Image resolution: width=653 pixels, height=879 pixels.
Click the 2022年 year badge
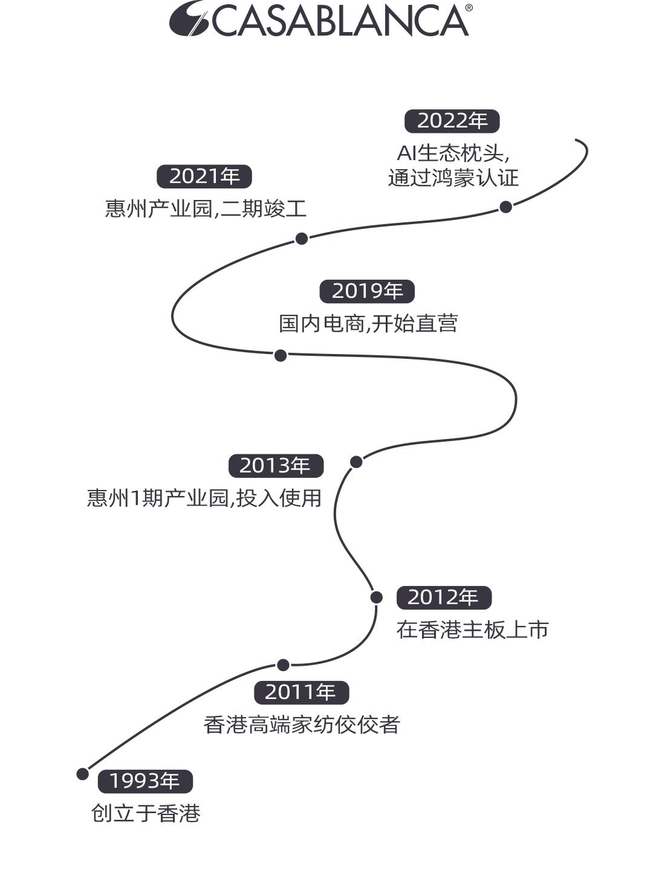pos(452,121)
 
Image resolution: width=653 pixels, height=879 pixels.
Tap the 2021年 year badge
pos(204,176)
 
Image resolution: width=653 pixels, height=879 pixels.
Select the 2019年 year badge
pos(367,291)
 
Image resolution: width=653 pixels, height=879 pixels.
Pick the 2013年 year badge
pos(276,466)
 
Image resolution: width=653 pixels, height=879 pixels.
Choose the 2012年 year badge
pos(444,597)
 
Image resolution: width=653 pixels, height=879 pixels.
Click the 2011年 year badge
pos(301,692)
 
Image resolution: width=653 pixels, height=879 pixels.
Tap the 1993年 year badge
pos(145,781)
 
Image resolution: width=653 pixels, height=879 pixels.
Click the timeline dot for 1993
pos(83,774)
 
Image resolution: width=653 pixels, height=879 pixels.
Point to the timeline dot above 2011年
pos(283,665)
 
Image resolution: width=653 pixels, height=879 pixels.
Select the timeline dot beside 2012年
pos(376,597)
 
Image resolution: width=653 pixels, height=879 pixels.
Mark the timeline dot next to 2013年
pos(356,462)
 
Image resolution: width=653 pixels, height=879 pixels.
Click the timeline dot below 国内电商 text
pos(281,355)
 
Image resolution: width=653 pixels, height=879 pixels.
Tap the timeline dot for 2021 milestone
pos(302,239)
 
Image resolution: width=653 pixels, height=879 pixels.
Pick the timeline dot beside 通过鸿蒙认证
pos(505,207)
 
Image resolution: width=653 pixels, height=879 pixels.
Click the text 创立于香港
pos(146,813)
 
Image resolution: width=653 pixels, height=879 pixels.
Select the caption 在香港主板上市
pos(472,630)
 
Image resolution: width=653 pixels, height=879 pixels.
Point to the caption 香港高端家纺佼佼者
pos(302,724)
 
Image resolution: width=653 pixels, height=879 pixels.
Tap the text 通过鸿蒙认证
pos(453,178)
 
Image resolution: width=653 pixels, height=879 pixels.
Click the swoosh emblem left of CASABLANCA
pos(188,18)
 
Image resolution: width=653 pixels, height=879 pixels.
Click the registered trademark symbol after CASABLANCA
pos(469,8)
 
